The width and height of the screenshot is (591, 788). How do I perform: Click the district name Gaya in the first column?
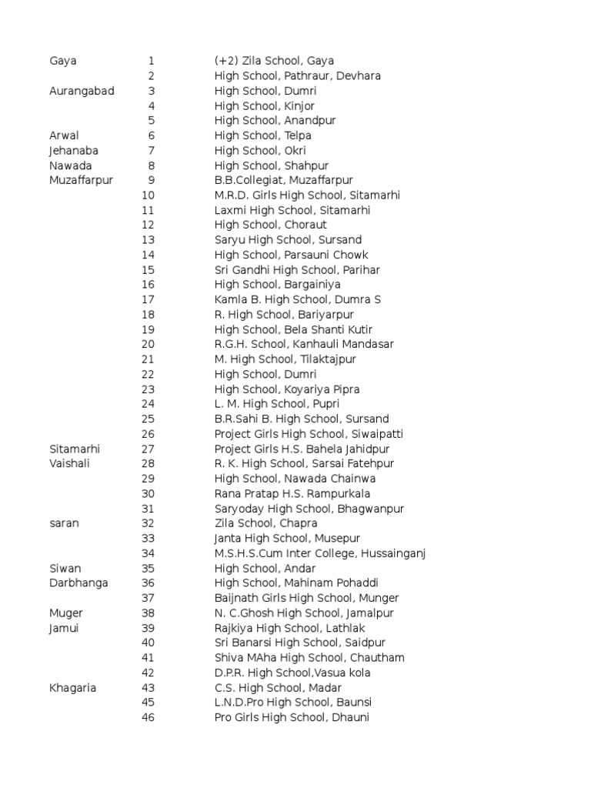tap(63, 61)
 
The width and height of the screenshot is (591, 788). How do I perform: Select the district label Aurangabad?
tap(82, 91)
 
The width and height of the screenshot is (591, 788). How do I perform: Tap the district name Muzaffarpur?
tap(81, 180)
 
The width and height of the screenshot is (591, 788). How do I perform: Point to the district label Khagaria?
tap(73, 688)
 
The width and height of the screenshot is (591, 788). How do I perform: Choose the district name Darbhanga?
tap(78, 583)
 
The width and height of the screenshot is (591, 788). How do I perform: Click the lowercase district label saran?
tap(65, 523)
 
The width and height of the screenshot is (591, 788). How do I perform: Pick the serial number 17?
tap(149, 299)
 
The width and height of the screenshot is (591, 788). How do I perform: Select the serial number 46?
tap(149, 718)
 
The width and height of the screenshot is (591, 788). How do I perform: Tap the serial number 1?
tap(152, 61)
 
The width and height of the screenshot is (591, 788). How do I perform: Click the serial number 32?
tap(149, 523)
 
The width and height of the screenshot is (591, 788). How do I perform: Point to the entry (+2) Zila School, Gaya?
tap(274, 61)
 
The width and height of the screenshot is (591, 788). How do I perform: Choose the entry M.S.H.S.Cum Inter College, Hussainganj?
tap(320, 553)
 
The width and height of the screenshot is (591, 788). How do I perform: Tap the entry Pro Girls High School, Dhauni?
tap(292, 718)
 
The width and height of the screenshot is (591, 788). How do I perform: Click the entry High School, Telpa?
tap(263, 135)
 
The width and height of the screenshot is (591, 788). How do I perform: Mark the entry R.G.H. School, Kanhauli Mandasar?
tap(304, 344)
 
